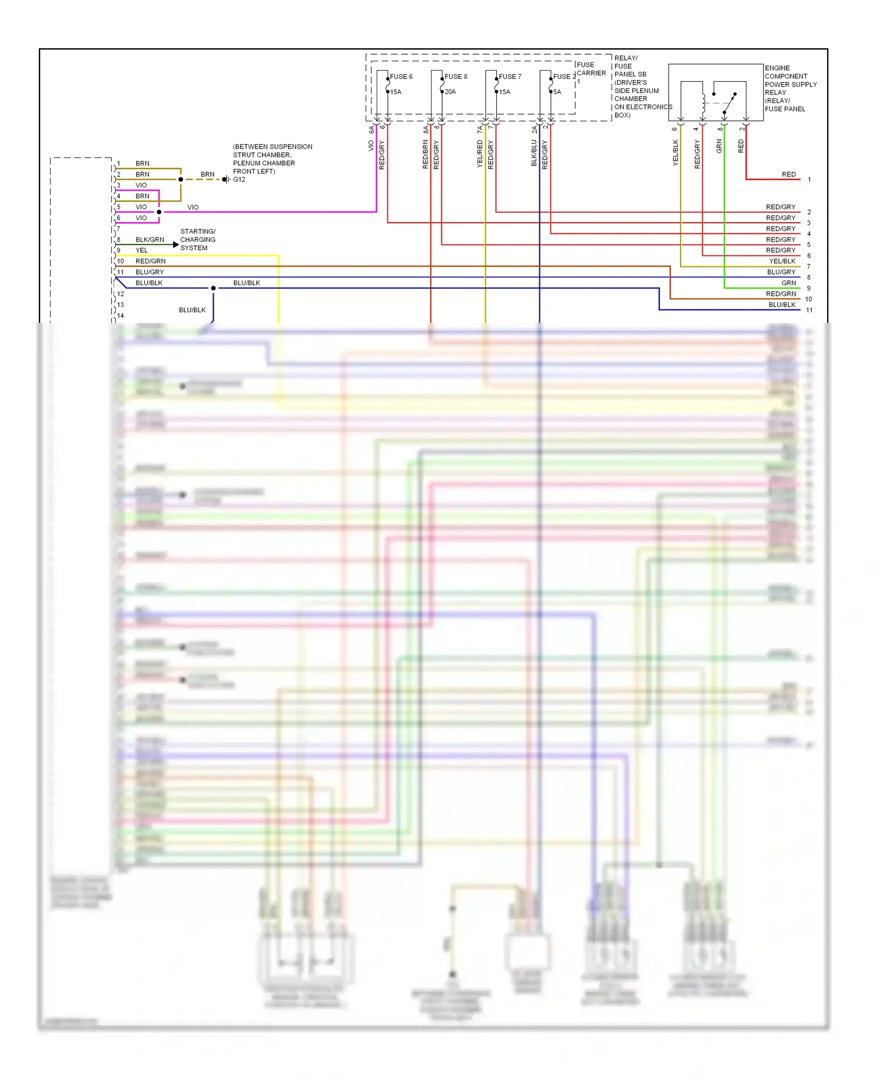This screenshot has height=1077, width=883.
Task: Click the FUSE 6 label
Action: tap(401, 77)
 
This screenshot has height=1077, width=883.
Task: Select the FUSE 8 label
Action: tap(456, 77)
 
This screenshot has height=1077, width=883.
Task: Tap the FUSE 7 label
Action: tap(510, 77)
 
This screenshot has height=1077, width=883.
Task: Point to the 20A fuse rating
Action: tap(450, 92)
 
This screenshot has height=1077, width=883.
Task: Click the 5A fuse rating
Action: tap(557, 92)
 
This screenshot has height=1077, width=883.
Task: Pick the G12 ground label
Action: tap(239, 180)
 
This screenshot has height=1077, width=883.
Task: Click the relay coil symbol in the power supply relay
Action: tap(703, 104)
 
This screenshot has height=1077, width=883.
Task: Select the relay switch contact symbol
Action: tap(729, 103)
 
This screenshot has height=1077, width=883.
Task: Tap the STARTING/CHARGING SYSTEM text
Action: tap(198, 240)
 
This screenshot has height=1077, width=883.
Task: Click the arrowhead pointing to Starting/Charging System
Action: tap(175, 245)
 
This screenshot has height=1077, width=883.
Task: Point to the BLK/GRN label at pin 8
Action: tap(150, 240)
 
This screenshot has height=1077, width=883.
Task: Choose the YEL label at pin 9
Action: tap(142, 250)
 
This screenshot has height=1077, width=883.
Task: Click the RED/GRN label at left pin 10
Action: tap(150, 261)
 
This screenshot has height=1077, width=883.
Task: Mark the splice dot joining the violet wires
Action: tap(159, 212)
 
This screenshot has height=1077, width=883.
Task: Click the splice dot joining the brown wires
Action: tap(181, 179)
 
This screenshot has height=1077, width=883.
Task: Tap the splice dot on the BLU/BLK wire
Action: tap(213, 288)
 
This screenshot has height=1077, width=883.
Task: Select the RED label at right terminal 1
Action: tap(788, 174)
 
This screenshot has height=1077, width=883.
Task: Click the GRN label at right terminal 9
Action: tap(788, 283)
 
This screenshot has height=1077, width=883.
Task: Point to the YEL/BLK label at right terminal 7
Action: tap(782, 262)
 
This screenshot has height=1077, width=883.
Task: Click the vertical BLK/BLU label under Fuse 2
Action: tap(534, 153)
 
